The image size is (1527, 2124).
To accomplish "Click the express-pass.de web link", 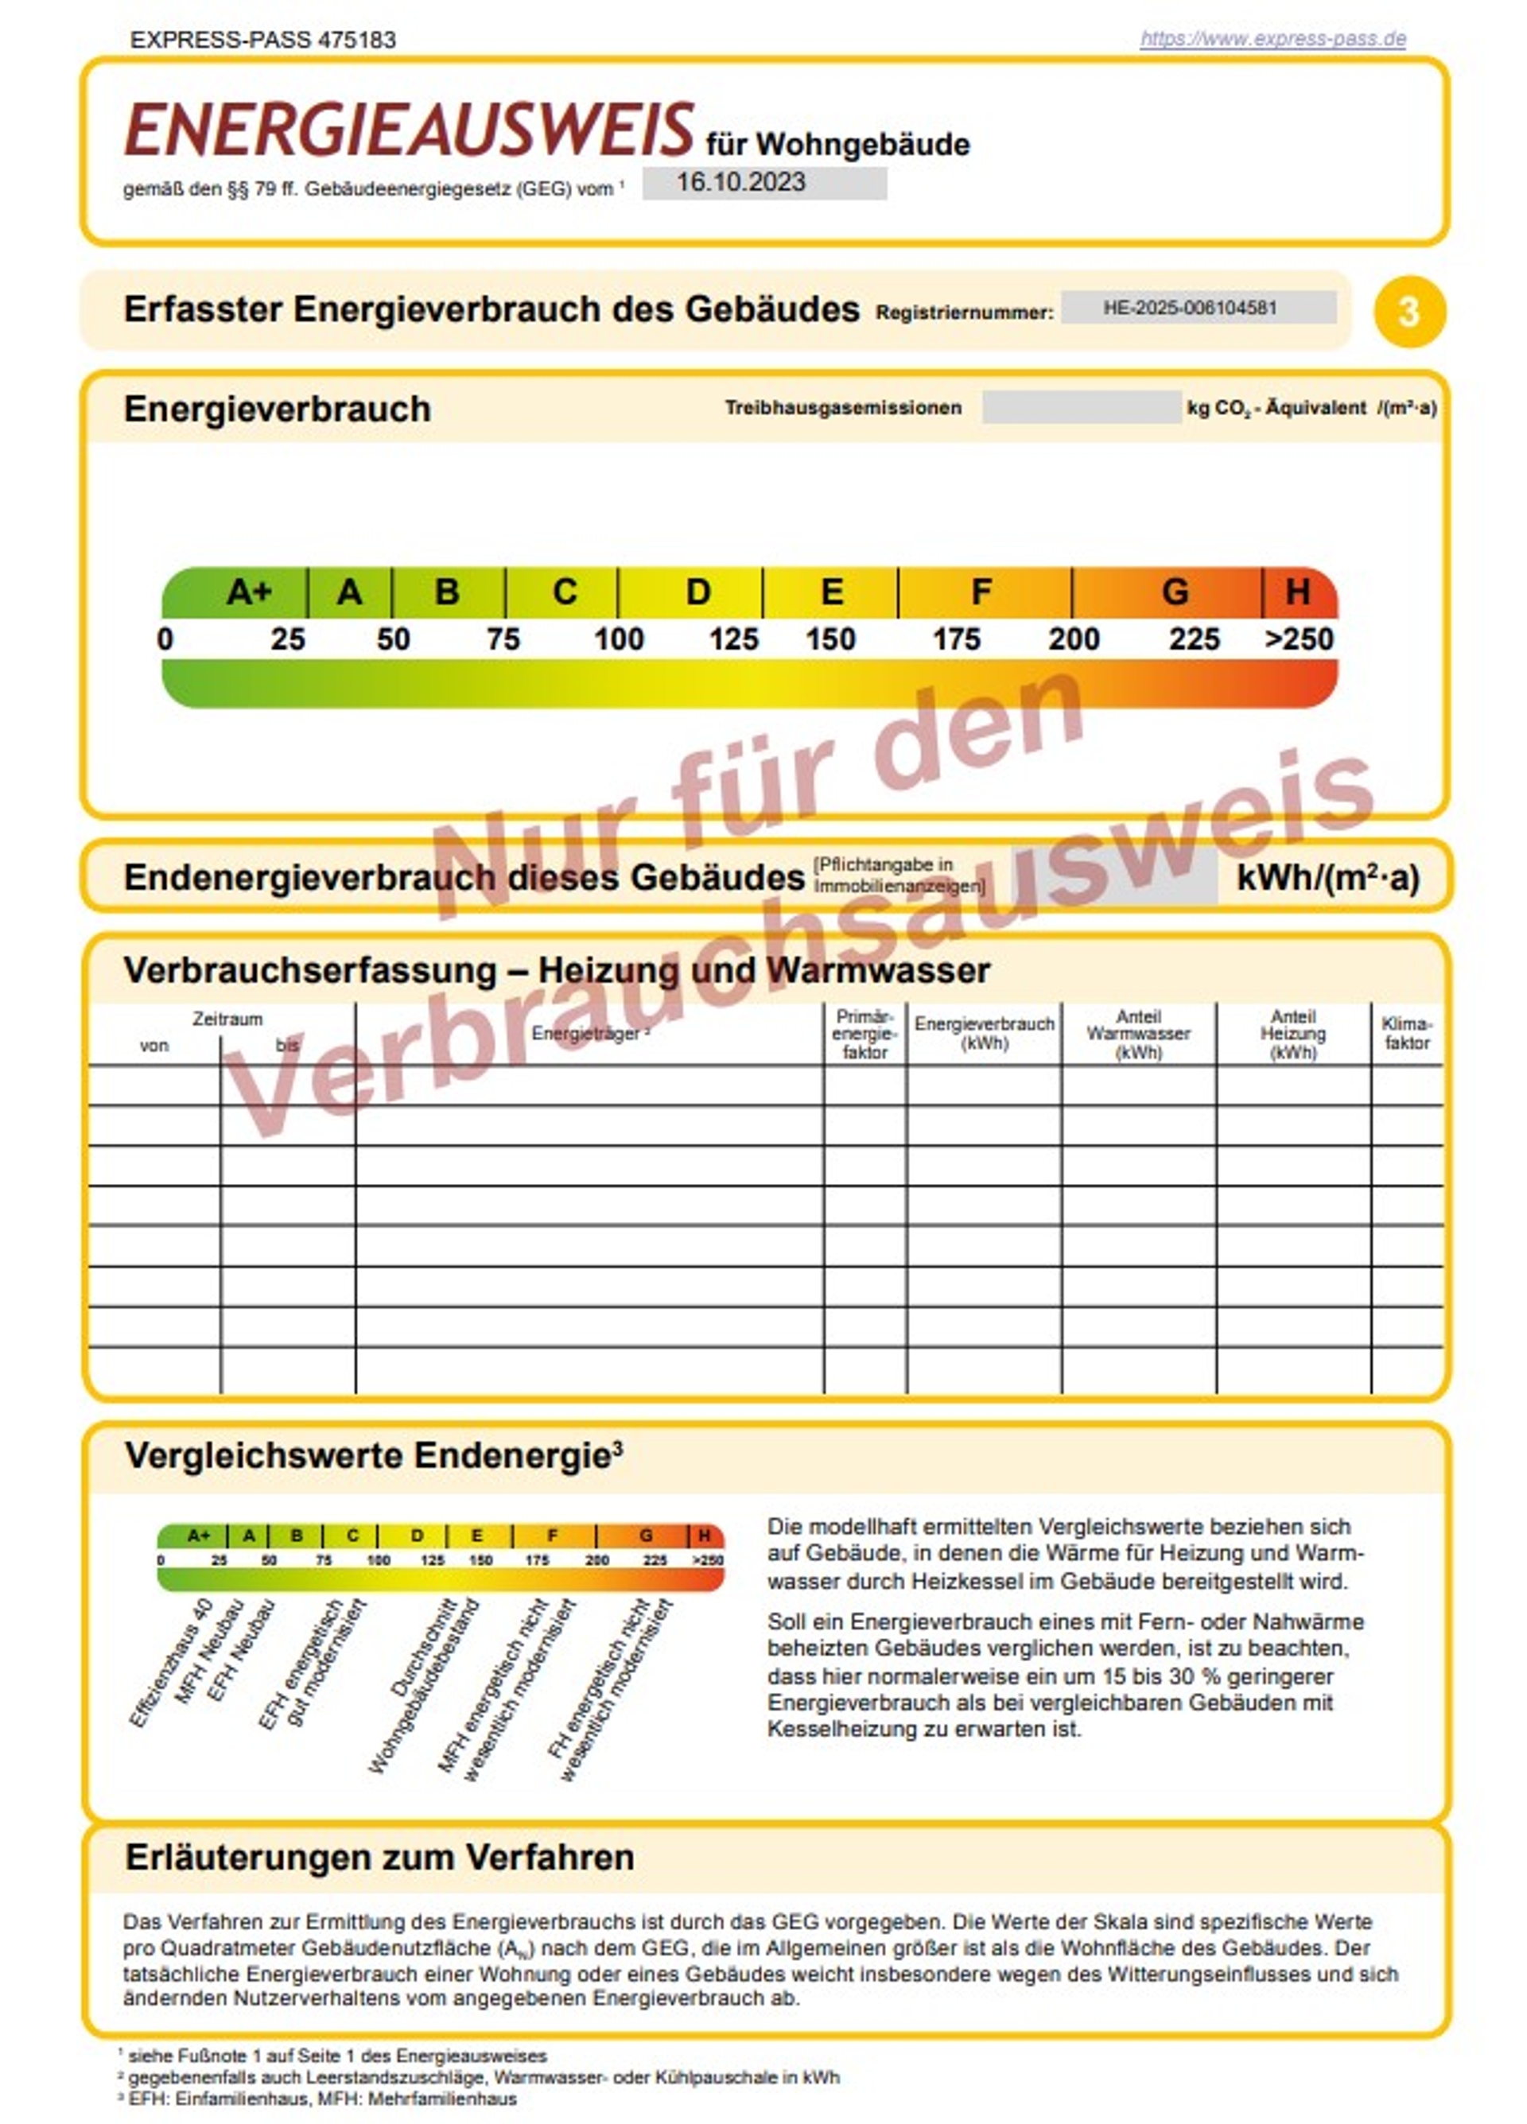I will [1272, 39].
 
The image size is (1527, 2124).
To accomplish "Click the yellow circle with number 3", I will [1409, 312].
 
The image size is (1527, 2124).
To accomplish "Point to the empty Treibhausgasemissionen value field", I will [1080, 407].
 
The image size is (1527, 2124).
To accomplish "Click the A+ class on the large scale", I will [248, 592].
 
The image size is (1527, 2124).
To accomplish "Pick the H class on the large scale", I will [1297, 592].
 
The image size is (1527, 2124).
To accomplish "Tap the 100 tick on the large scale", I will [618, 639].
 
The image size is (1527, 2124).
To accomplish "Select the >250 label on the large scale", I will [1299, 639].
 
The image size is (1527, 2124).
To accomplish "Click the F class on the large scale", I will [981, 592].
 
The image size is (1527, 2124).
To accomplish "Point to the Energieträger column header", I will [589, 1033].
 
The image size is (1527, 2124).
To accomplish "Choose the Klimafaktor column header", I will [1406, 1033].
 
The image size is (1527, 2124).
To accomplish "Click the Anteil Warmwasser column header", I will [1138, 1034].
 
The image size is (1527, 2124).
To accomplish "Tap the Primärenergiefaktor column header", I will [865, 1034].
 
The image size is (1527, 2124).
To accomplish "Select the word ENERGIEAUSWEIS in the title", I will [410, 131].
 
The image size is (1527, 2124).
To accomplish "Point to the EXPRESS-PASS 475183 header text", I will [263, 39].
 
